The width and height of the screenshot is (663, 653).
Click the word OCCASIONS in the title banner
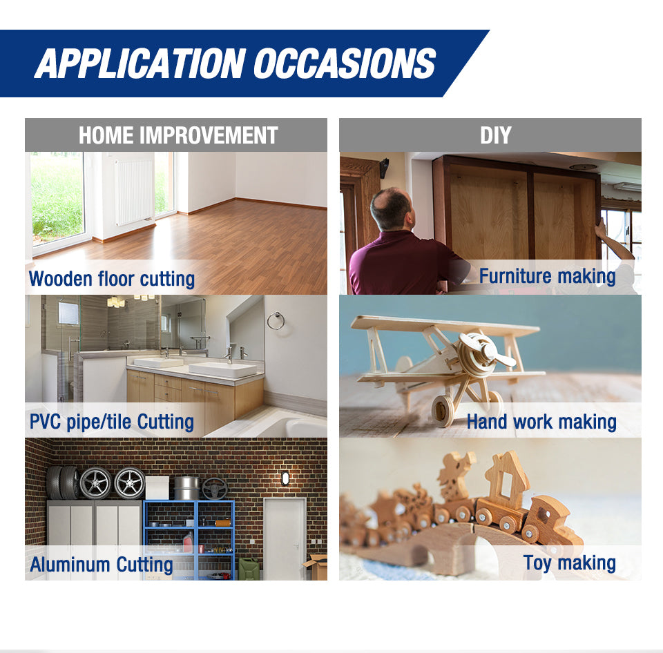pyautogui.click(x=344, y=64)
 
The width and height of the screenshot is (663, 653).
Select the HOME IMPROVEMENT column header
pyautogui.click(x=178, y=135)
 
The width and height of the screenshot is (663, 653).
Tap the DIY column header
pyautogui.click(x=496, y=135)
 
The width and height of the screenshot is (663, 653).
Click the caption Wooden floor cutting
pyautogui.click(x=112, y=279)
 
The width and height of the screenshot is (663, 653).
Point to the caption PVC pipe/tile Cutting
pyautogui.click(x=112, y=422)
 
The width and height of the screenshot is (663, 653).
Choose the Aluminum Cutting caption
pyautogui.click(x=102, y=565)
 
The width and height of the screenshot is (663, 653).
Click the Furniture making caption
pyautogui.click(x=547, y=276)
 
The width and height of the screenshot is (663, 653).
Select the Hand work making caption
pyautogui.click(x=541, y=422)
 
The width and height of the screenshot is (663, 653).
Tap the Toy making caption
pyautogui.click(x=570, y=563)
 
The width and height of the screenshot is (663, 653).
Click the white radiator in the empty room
pyautogui.click(x=134, y=191)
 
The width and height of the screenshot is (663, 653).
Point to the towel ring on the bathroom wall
pyautogui.click(x=276, y=321)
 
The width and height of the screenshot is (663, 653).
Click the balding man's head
pyautogui.click(x=391, y=208)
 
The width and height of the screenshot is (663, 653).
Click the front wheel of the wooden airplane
pyautogui.click(x=442, y=410)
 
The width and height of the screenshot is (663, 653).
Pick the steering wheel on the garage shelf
pyautogui.click(x=214, y=489)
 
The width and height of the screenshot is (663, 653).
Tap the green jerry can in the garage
pyautogui.click(x=249, y=569)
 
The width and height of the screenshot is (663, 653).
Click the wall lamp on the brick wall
pyautogui.click(x=285, y=478)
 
